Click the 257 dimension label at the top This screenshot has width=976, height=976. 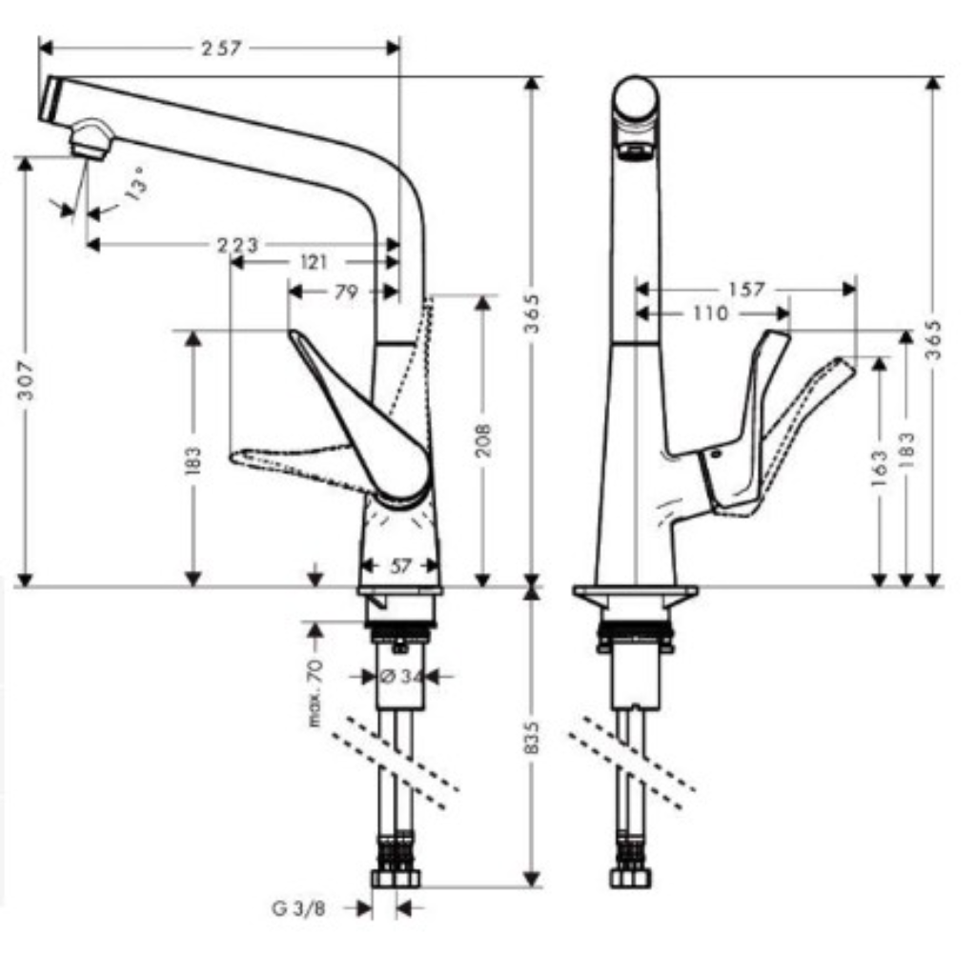pyautogui.click(x=221, y=49)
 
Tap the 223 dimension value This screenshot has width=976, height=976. pyautogui.click(x=237, y=245)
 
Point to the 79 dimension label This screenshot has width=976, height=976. pyautogui.click(x=346, y=292)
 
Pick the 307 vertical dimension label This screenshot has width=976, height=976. pyautogui.click(x=26, y=379)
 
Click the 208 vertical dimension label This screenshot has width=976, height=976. pyautogui.click(x=483, y=440)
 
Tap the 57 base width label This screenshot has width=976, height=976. pyautogui.click(x=400, y=566)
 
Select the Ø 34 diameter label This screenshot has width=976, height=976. pyautogui.click(x=401, y=676)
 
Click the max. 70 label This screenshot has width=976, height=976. pyautogui.click(x=315, y=693)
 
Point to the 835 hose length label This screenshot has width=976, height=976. pyautogui.click(x=532, y=738)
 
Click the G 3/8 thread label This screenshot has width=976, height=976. pyautogui.click(x=298, y=908)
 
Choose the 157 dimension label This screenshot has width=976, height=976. pyautogui.click(x=746, y=290)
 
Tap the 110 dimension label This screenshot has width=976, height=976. pyautogui.click(x=711, y=313)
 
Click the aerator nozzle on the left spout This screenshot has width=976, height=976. pyautogui.click(x=91, y=141)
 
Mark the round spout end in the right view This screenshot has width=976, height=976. pyautogui.click(x=635, y=99)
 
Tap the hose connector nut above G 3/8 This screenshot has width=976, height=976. pyautogui.click(x=396, y=878)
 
